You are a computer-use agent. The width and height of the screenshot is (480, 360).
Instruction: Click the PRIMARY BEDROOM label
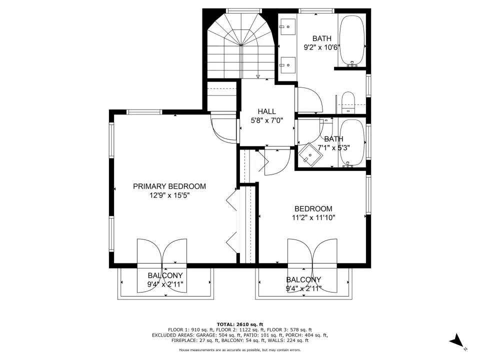pyautogui.click(x=169, y=186)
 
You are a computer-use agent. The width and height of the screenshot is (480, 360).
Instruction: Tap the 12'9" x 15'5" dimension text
pyautogui.click(x=169, y=195)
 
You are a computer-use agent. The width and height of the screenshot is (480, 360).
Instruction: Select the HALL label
pyautogui.click(x=266, y=111)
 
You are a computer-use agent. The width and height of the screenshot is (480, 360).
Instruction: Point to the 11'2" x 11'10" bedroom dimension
pyautogui.click(x=313, y=217)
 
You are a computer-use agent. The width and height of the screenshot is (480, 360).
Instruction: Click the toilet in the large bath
pyautogui.click(x=348, y=102)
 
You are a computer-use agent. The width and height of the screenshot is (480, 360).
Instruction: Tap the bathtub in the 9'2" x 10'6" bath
pyautogui.click(x=352, y=40)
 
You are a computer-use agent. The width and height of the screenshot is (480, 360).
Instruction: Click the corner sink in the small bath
pyautogui.click(x=310, y=155)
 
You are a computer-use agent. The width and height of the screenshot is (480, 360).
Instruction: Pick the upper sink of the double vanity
pyautogui.click(x=288, y=27)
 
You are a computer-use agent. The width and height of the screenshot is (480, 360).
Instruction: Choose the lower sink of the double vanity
pyautogui.click(x=288, y=65)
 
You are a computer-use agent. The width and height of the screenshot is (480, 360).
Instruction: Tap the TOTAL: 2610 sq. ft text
pyautogui.click(x=240, y=324)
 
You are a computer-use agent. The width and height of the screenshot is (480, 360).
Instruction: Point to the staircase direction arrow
pyautogui.click(x=258, y=76)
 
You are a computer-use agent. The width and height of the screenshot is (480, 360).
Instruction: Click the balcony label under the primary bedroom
pyautogui.click(x=165, y=275)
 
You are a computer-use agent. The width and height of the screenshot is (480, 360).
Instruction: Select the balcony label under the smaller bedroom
pyautogui.click(x=303, y=279)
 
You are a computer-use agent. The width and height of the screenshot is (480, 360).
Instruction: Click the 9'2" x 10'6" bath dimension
pyautogui.click(x=322, y=47)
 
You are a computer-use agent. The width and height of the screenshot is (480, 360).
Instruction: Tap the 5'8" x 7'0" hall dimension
pyautogui.click(x=266, y=120)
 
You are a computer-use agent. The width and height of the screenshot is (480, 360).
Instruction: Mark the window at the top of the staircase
pyautogui.click(x=243, y=11)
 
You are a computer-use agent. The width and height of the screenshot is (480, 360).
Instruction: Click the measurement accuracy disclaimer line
pyautogui.click(x=240, y=350)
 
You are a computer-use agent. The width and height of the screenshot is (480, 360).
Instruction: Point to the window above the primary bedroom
pyautogui.click(x=144, y=112)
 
